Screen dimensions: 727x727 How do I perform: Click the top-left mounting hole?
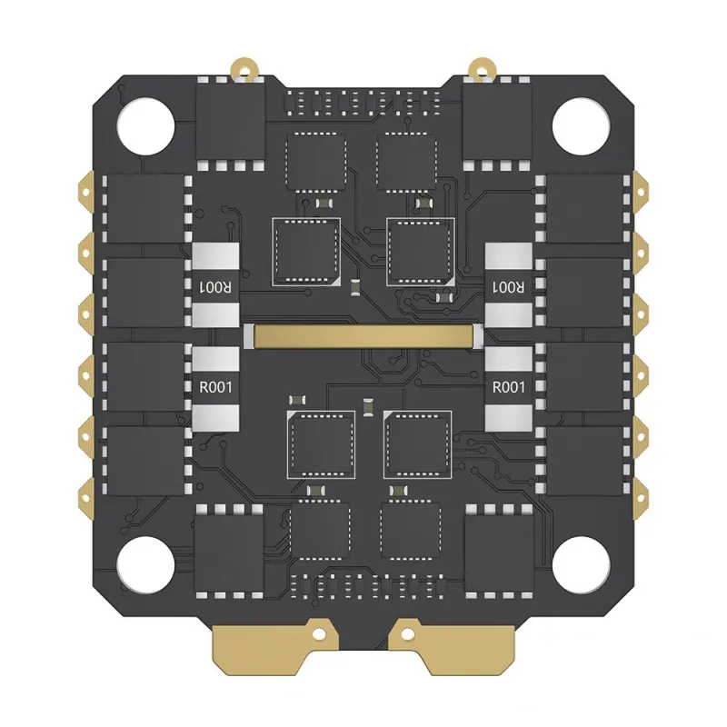pos(145,126)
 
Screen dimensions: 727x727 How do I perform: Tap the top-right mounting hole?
pos(581,126)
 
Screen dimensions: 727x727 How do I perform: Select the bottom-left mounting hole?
pos(145,565)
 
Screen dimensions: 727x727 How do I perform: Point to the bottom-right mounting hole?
pos(581,565)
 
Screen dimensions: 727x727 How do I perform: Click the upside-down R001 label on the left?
pos(215,287)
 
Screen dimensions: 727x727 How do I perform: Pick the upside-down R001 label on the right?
pos(509,287)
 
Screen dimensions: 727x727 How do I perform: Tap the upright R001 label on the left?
pos(215,387)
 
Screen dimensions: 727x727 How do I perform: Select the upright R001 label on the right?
pos(509,387)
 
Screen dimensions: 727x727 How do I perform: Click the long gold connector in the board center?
pos(363,335)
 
